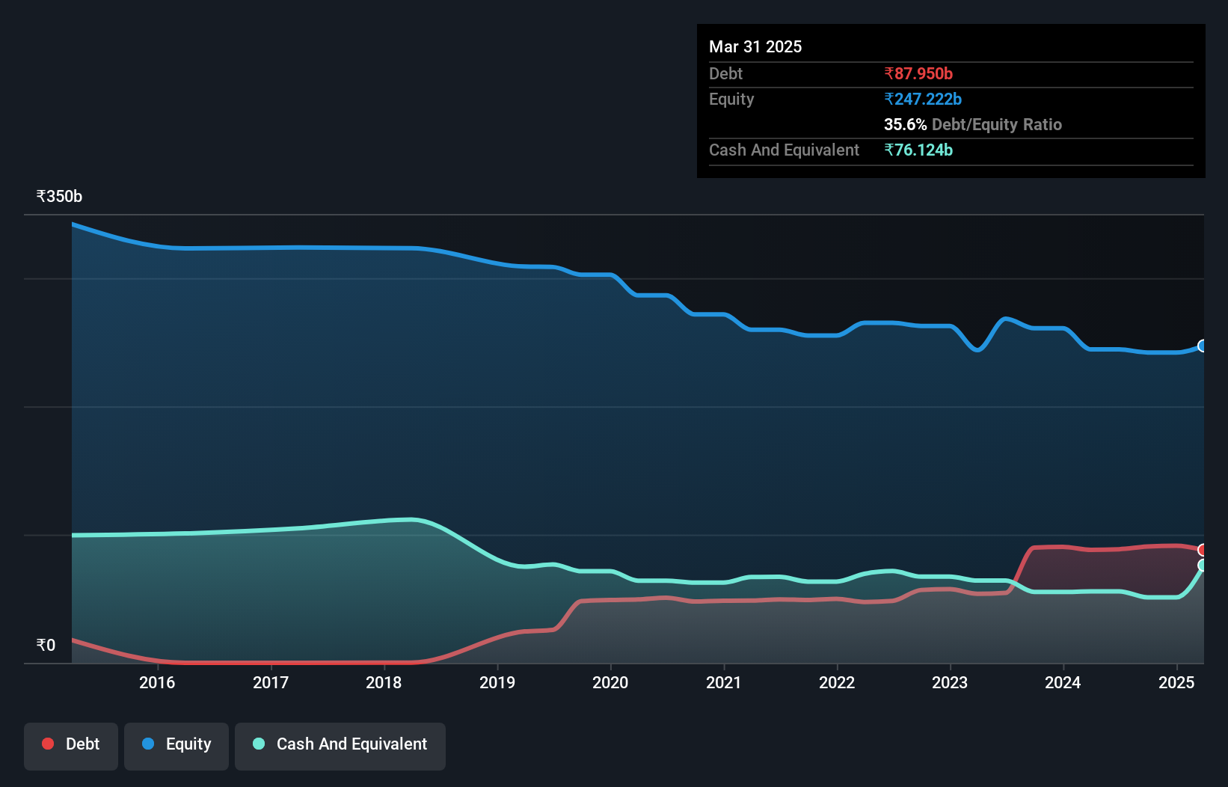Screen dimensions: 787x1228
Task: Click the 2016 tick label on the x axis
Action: pos(157,682)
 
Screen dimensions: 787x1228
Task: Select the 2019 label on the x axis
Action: pos(497,682)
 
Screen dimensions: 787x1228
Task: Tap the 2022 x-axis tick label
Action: pos(837,682)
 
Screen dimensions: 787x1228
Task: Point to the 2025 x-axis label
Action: pos(1176,682)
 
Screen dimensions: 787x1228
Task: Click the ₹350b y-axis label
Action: pos(59,197)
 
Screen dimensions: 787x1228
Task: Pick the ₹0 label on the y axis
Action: pos(46,645)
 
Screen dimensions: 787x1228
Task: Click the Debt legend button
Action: pos(71,744)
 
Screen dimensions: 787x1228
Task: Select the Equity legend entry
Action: pos(176,744)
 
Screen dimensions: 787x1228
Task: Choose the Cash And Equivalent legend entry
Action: pos(340,744)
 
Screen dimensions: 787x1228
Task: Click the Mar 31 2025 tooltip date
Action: pos(755,46)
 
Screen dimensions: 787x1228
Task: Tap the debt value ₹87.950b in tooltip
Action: pos(918,73)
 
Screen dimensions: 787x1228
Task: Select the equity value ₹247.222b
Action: pos(923,99)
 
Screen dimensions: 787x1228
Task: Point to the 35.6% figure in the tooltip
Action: pos(905,124)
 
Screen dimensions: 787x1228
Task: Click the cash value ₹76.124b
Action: pos(918,150)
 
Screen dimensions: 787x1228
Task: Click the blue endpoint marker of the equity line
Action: pos(1203,346)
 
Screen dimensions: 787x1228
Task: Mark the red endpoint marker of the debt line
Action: pos(1203,550)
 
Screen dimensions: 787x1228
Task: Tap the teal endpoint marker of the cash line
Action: pos(1203,566)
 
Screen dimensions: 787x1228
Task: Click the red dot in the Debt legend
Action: pos(48,744)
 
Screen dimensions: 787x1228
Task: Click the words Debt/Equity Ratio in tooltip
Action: pos(997,124)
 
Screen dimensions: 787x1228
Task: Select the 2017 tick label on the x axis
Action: pos(271,682)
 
